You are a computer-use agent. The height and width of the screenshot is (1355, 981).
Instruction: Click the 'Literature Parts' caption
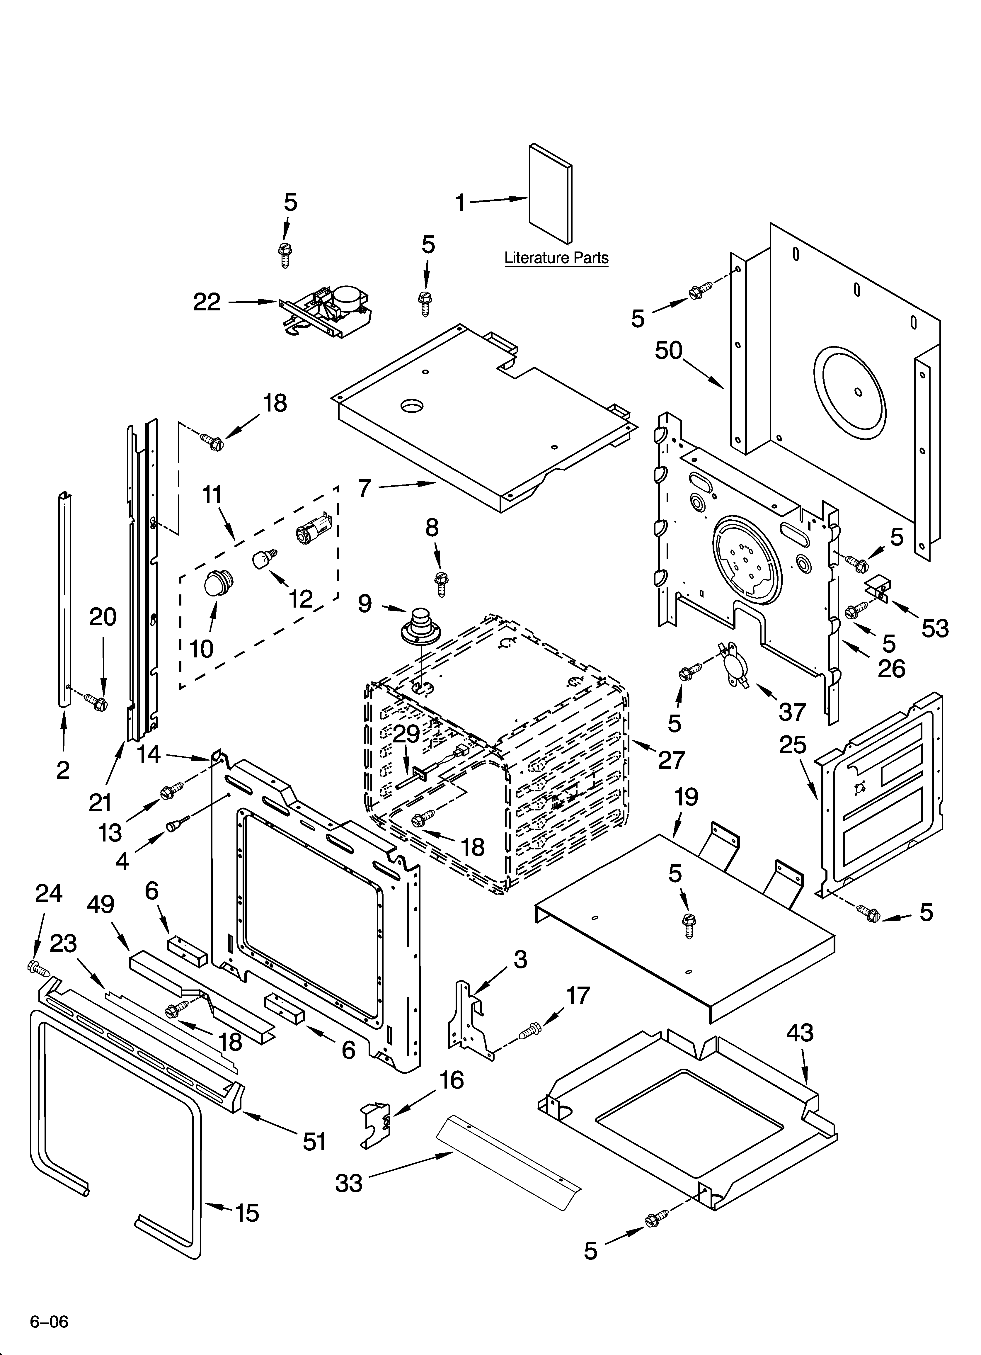pyautogui.click(x=556, y=258)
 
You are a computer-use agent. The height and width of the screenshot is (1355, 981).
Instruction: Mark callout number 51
pyautogui.click(x=314, y=1142)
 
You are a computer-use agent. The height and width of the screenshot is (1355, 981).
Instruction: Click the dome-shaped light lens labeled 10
pyautogui.click(x=219, y=582)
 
